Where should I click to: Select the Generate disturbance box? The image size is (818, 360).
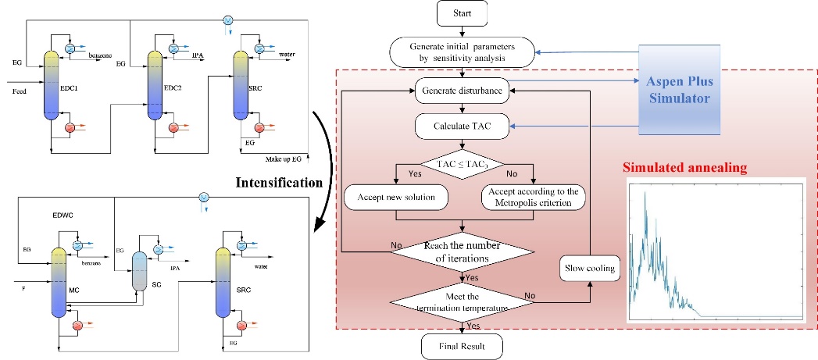click(x=462, y=90)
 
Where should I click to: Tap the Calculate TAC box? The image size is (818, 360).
click(x=462, y=124)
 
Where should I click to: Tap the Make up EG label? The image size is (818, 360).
click(x=282, y=159)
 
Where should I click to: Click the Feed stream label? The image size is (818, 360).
click(x=20, y=91)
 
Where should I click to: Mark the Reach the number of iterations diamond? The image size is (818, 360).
click(x=462, y=251)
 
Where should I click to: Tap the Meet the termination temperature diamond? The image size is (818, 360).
click(x=462, y=301)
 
